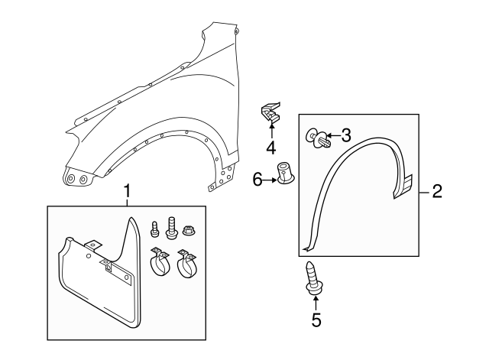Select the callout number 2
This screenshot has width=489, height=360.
(x=437, y=191)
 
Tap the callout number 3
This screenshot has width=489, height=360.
(x=346, y=136)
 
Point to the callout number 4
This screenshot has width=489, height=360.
(x=271, y=147)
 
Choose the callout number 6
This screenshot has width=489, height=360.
(x=257, y=179)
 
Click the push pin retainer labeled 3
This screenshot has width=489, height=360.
(x=319, y=138)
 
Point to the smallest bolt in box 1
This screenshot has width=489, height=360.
(x=155, y=228)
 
